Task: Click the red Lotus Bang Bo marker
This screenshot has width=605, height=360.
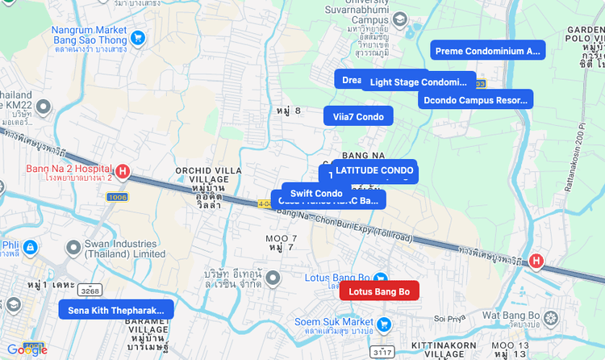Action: pos(379,291)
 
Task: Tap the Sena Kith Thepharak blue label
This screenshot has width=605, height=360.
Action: pos(116,310)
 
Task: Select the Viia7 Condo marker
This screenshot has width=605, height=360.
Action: pos(358,116)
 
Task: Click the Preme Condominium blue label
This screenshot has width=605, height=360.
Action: pos(487,51)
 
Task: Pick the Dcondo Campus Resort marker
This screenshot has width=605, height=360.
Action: pos(475,100)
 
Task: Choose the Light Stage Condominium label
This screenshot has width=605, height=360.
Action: pos(419,82)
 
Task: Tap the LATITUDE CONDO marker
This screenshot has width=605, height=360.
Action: pos(374,170)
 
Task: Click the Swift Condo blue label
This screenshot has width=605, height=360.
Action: pos(316,193)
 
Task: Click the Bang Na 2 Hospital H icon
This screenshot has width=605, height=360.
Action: pos(123,171)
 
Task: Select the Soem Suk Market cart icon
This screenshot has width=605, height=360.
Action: pos(384,324)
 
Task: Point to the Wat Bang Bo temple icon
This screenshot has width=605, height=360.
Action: pos(551,317)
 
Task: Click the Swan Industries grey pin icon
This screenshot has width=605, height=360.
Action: pos(73,247)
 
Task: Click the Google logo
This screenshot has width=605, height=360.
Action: pos(27,350)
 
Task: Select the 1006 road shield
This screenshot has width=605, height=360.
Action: pos(117,197)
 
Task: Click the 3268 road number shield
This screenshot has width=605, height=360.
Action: pos(90,291)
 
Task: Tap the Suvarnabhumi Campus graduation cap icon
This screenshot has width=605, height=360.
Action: pos(399,19)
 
